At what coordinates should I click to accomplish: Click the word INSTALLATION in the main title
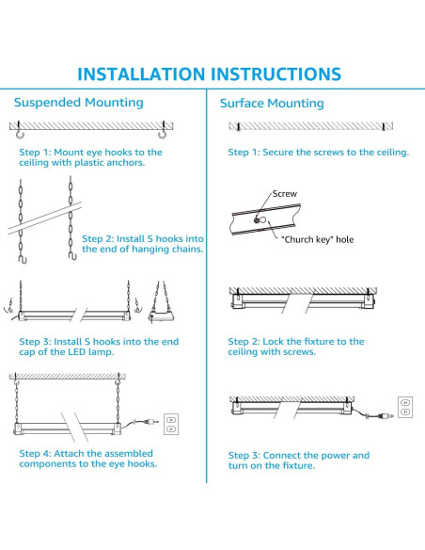tap(141, 74)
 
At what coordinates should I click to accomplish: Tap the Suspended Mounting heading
tap(79, 103)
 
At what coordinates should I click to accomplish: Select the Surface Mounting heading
tap(272, 104)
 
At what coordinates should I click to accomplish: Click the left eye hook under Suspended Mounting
tap(19, 133)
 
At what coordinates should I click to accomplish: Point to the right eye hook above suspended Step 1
tap(162, 133)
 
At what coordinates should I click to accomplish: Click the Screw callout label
tap(285, 194)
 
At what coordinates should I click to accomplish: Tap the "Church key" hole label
tap(318, 239)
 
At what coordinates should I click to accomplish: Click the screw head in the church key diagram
tap(257, 220)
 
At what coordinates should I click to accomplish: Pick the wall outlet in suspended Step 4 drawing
tap(171, 424)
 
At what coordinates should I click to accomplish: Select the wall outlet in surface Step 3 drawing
tap(405, 407)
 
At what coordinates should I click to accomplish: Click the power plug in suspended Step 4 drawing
tap(150, 422)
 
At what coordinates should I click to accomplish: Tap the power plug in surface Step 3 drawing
tap(384, 416)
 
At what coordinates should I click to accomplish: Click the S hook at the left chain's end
tap(23, 259)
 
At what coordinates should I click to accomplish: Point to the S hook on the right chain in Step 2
tap(72, 256)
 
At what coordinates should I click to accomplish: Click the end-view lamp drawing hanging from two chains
tap(162, 302)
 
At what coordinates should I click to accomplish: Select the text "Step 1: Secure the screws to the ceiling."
tap(318, 153)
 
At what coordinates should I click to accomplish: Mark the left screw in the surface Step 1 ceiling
tap(239, 126)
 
